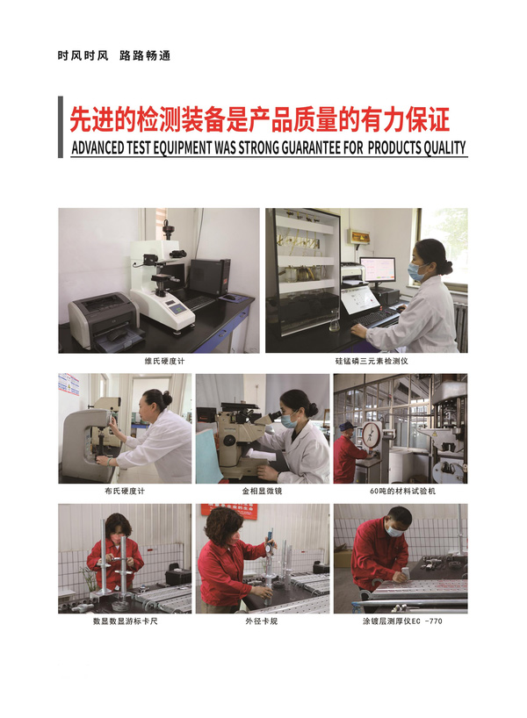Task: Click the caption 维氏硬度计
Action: tap(164, 362)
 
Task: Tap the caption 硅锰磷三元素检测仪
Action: tap(372, 362)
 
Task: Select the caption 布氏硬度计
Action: tap(125, 492)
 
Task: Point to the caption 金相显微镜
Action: tap(262, 492)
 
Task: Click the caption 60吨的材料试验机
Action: tap(403, 492)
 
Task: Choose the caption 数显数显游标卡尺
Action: tap(125, 621)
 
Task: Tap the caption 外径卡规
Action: tap(261, 621)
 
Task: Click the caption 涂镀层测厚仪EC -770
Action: tap(402, 621)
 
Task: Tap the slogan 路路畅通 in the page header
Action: tap(145, 56)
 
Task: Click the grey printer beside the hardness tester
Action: tap(104, 321)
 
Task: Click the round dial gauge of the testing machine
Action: tap(372, 435)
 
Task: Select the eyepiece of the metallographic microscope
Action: tap(275, 415)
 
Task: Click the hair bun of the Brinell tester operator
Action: tap(167, 398)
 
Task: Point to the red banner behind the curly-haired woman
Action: tap(230, 509)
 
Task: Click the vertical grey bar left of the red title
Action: tap(61, 127)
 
